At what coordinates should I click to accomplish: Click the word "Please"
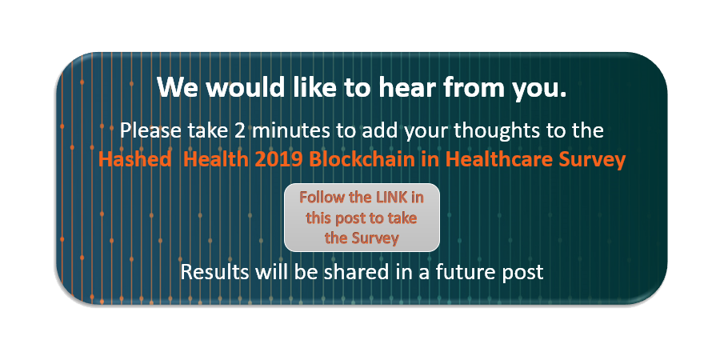(148, 129)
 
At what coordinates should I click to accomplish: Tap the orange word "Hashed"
(132, 158)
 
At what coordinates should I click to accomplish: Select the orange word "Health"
(211, 158)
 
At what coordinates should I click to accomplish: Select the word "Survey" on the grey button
(374, 238)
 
